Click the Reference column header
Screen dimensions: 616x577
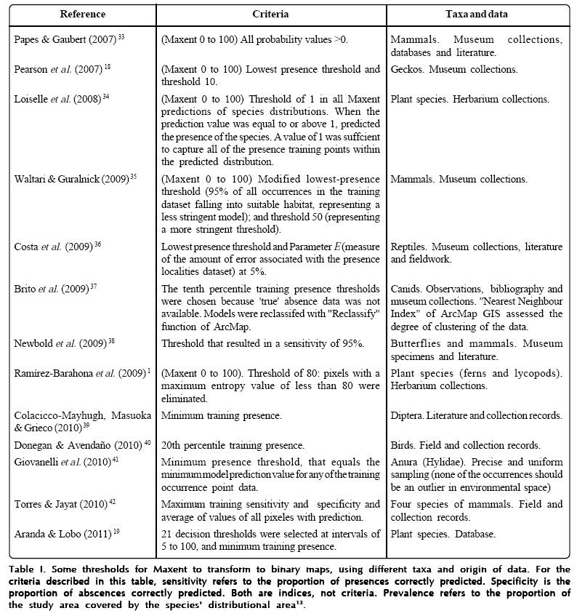click(82, 14)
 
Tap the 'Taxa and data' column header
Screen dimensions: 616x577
click(476, 14)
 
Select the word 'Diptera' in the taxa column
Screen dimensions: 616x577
click(407, 416)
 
